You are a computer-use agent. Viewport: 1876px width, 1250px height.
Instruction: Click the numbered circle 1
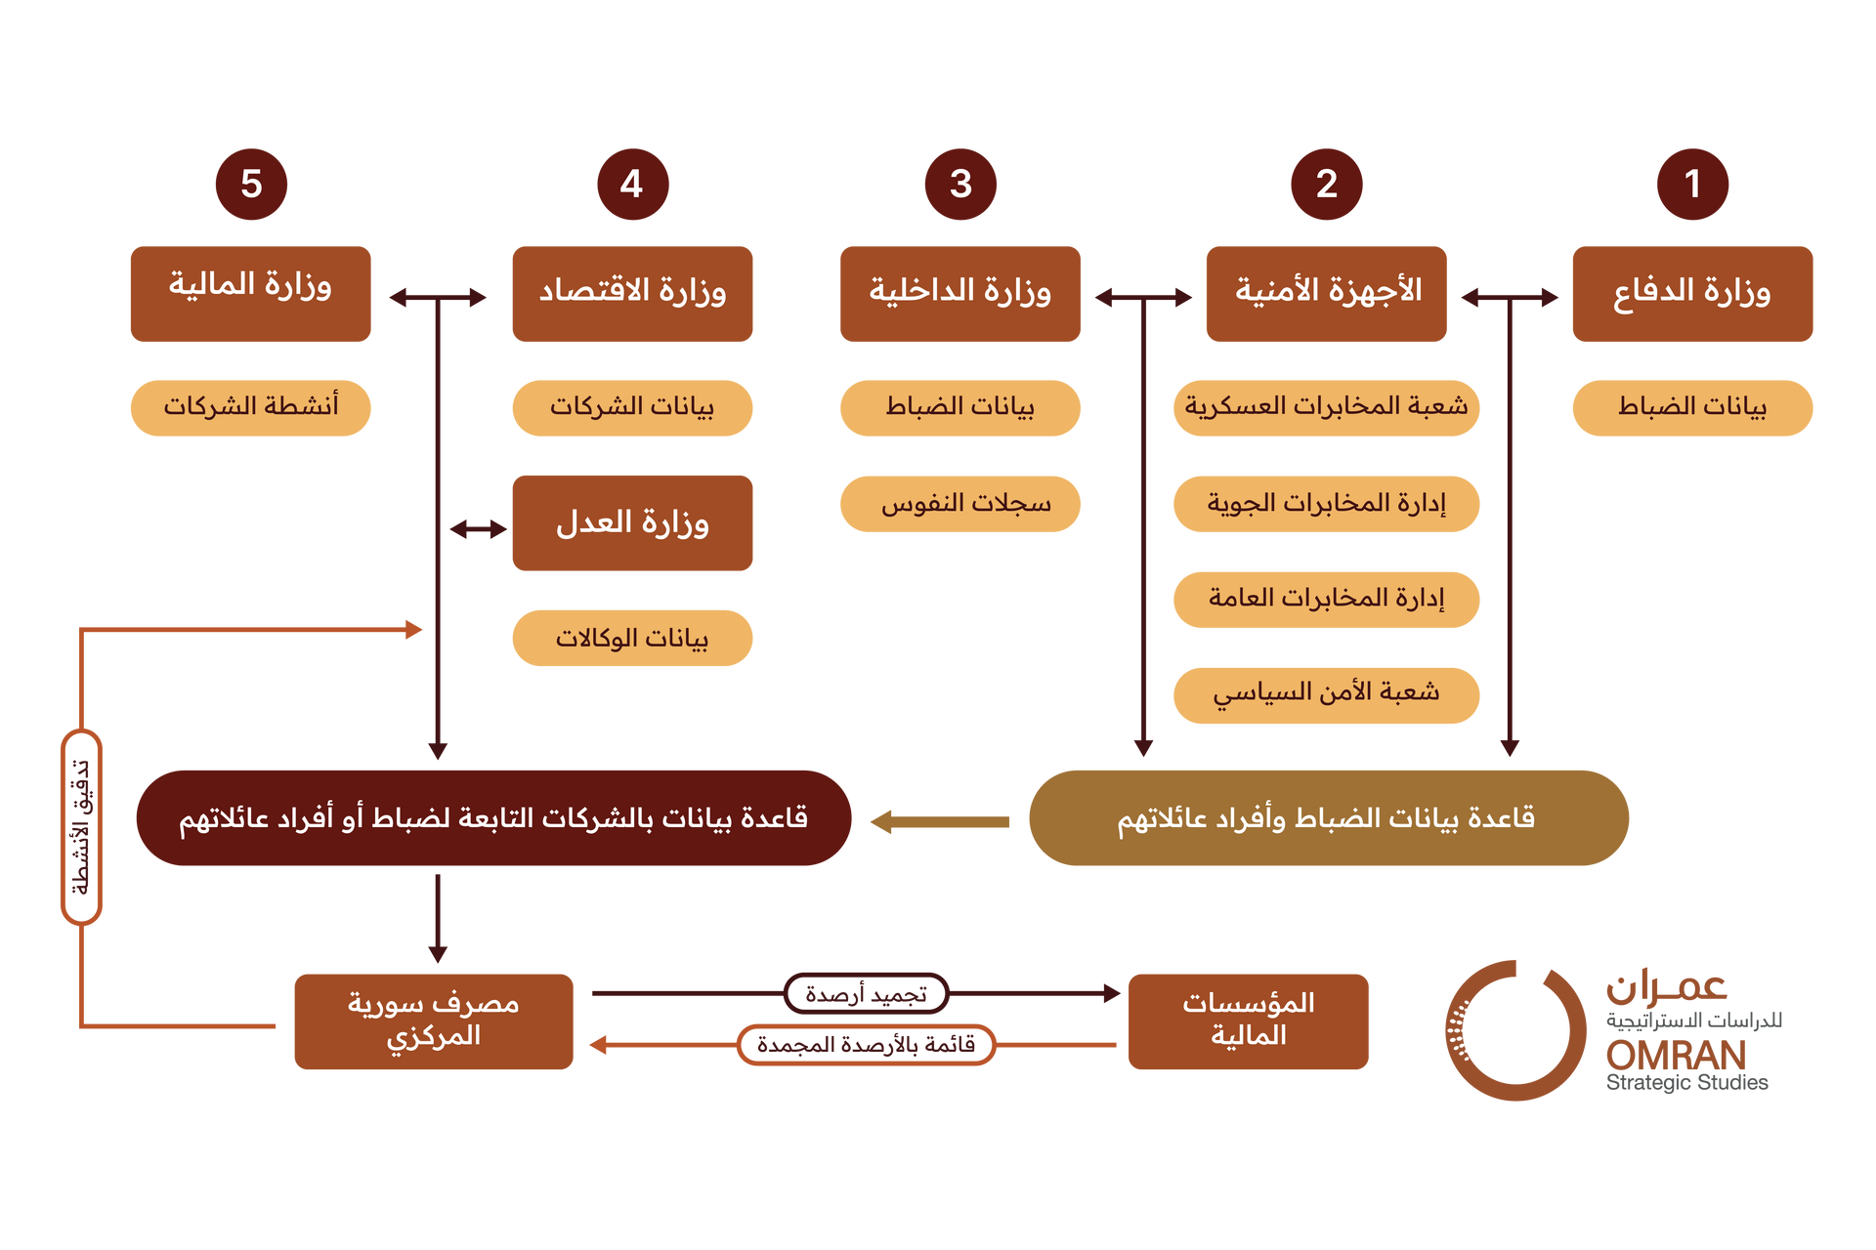click(x=1692, y=184)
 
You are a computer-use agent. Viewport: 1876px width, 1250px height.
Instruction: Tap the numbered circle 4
click(x=633, y=184)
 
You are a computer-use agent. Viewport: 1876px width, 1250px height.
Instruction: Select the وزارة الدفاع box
click(x=1692, y=294)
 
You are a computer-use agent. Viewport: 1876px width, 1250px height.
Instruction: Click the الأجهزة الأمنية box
click(x=1326, y=294)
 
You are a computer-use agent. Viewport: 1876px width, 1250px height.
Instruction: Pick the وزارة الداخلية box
click(x=960, y=294)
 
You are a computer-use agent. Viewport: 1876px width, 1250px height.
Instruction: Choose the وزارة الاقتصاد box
click(x=632, y=294)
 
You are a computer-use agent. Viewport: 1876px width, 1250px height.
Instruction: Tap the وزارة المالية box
click(x=251, y=294)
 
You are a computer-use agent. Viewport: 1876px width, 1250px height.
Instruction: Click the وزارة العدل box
click(x=632, y=523)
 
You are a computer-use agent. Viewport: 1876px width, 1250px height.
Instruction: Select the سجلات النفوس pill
click(x=960, y=504)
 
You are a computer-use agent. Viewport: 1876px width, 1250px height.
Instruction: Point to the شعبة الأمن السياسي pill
click(x=1326, y=695)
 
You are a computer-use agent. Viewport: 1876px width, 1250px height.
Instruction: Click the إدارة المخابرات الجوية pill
click(x=1326, y=504)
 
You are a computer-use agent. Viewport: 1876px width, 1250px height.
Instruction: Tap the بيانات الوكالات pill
click(x=632, y=639)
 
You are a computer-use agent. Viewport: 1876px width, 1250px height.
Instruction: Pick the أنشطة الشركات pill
click(x=251, y=408)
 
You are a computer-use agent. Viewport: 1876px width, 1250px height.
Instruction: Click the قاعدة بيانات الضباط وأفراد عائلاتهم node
click(x=1329, y=818)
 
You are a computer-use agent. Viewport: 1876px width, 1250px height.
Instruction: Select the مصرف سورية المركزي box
click(x=434, y=1021)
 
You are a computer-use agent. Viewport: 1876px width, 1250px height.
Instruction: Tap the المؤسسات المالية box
click(x=1248, y=1021)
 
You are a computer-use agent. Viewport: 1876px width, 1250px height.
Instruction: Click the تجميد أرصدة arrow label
click(x=867, y=994)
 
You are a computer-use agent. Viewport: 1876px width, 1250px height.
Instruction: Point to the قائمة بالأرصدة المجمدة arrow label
click(x=867, y=1045)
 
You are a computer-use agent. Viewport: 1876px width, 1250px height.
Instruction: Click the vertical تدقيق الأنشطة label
click(x=82, y=827)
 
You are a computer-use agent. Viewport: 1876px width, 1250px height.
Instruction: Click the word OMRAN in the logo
click(x=1676, y=1055)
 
